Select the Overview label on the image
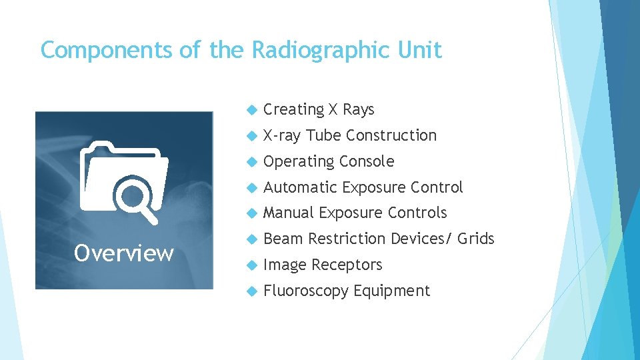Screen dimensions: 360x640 pyautogui.click(x=124, y=253)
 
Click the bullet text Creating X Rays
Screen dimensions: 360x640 pyautogui.click(x=319, y=109)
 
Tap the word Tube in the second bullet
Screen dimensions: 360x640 pyautogui.click(x=324, y=135)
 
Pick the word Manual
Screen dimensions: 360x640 pyautogui.click(x=288, y=213)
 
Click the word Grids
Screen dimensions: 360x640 pyautogui.click(x=476, y=239)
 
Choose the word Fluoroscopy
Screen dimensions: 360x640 pyautogui.click(x=306, y=291)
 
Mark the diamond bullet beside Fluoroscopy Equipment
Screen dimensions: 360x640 pyautogui.click(x=251, y=291)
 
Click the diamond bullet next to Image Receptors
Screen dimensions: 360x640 pyautogui.click(x=251, y=265)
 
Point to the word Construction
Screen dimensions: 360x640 pyautogui.click(x=391, y=135)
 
